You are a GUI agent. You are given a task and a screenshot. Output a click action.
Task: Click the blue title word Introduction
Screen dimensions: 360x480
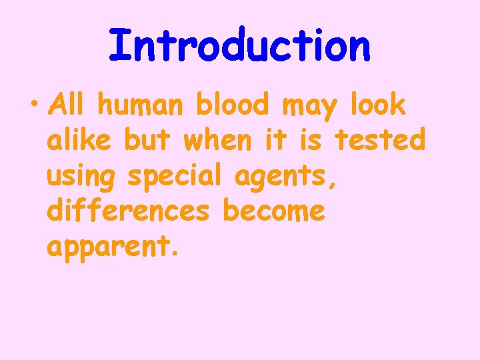point(239,45)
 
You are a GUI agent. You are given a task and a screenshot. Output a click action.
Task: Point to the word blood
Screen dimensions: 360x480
point(232,105)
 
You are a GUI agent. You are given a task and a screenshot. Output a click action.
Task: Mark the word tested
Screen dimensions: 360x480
point(379,140)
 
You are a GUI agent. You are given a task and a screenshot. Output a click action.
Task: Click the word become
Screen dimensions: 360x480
point(274,211)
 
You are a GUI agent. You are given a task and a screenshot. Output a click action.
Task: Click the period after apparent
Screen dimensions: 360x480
point(175,255)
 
